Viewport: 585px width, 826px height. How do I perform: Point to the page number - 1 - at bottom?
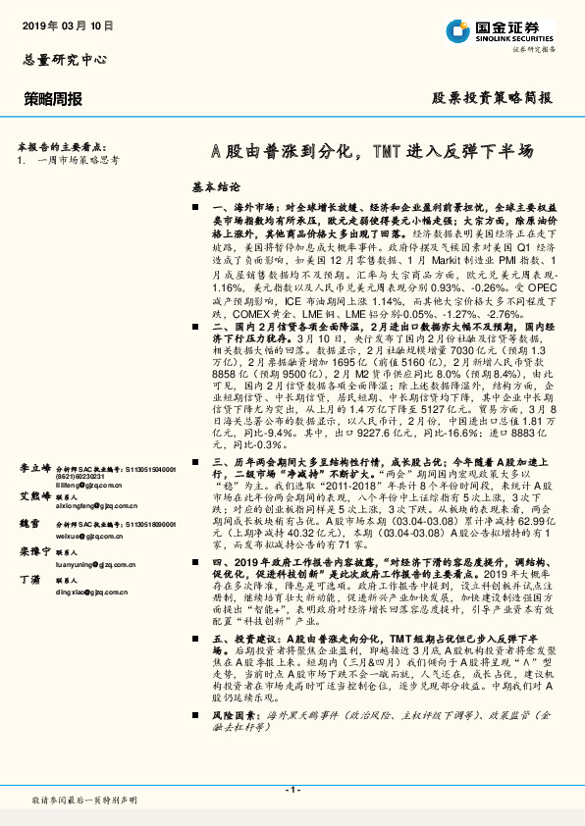pyautogui.click(x=292, y=790)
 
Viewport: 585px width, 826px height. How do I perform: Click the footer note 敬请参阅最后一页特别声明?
pyautogui.click(x=83, y=802)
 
